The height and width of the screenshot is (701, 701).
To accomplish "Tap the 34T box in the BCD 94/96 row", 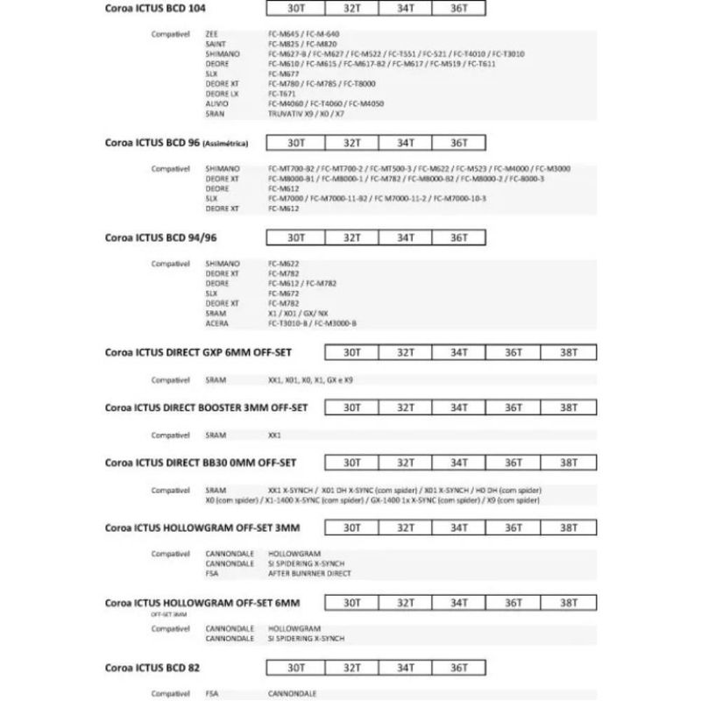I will click(x=405, y=237).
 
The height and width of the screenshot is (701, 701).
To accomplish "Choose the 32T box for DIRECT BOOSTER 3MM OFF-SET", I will click(x=405, y=407).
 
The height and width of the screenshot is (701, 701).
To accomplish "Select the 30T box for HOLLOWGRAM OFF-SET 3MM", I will click(x=351, y=528).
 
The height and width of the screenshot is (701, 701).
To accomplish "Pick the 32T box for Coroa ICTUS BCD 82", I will click(x=350, y=667).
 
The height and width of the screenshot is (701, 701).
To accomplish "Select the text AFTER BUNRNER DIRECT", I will click(x=309, y=573).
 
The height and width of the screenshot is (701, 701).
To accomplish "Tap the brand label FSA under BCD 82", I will click(x=211, y=693).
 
